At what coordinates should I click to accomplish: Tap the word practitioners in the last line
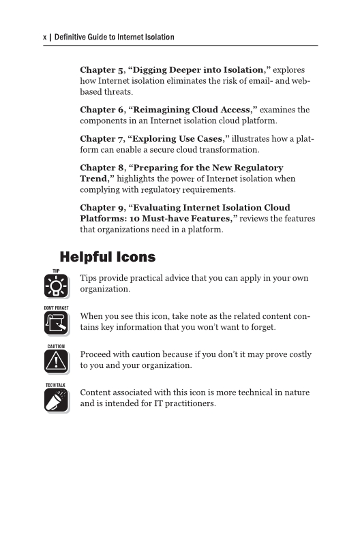184,403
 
